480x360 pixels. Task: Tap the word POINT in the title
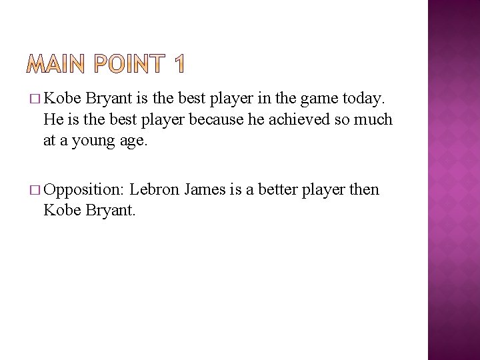tap(128, 65)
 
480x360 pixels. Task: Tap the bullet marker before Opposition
tap(35, 191)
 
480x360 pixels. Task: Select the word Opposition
tap(83, 191)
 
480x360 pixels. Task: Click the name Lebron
tap(154, 190)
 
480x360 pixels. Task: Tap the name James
tap(205, 190)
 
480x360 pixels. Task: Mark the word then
tap(364, 190)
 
